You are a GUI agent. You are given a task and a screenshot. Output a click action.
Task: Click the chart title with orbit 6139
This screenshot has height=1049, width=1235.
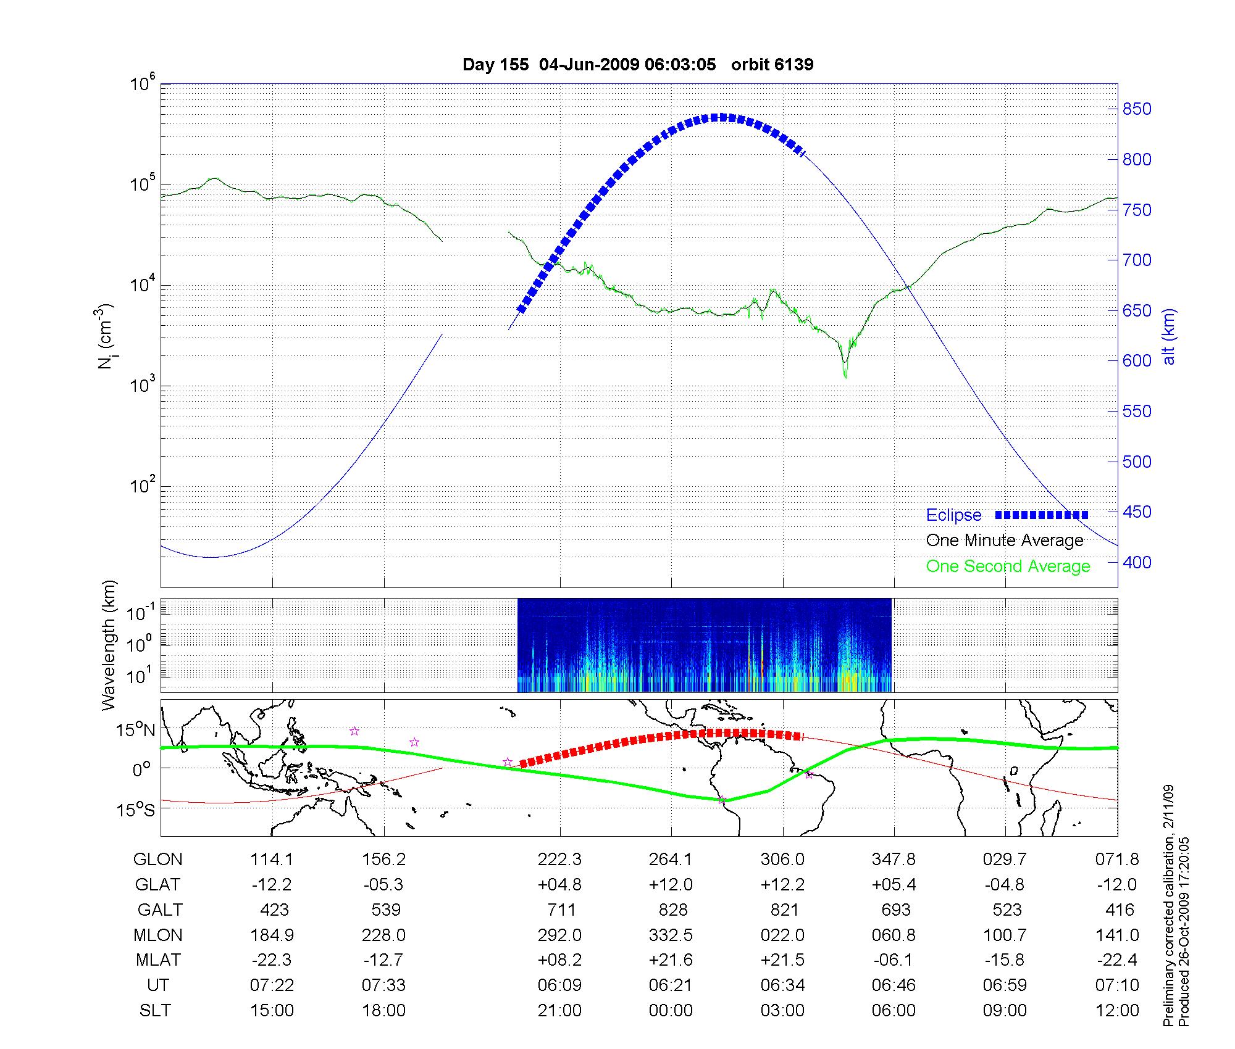click(638, 65)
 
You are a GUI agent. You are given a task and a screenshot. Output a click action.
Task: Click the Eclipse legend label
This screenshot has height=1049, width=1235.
click(953, 515)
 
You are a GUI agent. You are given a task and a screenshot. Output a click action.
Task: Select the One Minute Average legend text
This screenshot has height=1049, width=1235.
click(1005, 541)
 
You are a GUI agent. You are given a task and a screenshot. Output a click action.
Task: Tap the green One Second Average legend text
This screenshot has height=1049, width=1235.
click(1008, 566)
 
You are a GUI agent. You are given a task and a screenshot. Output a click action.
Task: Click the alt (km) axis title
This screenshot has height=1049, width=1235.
click(1169, 336)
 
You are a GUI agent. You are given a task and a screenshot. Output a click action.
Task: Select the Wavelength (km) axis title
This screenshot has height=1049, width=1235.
click(109, 645)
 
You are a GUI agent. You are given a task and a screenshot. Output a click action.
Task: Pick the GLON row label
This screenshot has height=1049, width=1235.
click(158, 860)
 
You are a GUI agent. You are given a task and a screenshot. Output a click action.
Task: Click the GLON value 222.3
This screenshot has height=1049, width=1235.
click(559, 860)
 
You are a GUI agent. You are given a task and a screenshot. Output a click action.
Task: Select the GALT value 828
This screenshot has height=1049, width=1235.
click(673, 910)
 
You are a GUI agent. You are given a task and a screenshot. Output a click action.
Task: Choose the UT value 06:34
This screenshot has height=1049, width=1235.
click(782, 985)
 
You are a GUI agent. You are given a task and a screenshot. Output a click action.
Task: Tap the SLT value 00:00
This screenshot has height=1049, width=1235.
click(671, 1011)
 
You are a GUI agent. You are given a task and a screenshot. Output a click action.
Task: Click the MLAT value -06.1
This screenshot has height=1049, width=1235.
click(894, 960)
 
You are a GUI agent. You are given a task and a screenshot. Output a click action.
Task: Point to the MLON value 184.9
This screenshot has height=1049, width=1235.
click(272, 935)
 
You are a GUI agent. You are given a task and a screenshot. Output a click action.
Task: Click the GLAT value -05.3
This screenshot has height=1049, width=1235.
click(383, 885)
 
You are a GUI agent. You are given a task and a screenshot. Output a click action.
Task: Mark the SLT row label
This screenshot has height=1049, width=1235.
click(155, 1011)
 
